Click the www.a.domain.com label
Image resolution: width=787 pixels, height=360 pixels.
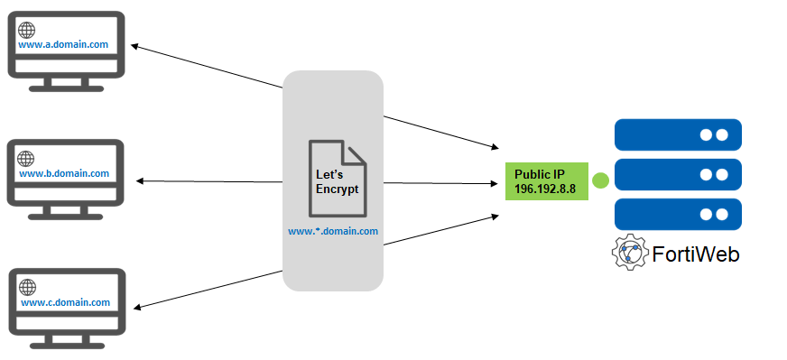[x=63, y=43]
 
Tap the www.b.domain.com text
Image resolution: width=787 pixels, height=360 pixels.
[x=63, y=172]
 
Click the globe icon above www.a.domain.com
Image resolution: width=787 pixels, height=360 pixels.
[x=27, y=29]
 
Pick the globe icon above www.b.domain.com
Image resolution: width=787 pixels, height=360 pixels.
[x=27, y=158]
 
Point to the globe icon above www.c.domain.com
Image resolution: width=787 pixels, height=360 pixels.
[x=28, y=287]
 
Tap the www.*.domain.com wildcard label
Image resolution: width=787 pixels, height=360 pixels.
[x=333, y=231]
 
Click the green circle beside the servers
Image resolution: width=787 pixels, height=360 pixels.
[x=600, y=181]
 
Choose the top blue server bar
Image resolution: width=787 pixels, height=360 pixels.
[x=677, y=134]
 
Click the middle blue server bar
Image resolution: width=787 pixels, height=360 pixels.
[x=677, y=174]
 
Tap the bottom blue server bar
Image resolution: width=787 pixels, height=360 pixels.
[x=677, y=214]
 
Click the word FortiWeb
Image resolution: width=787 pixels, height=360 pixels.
[x=696, y=254]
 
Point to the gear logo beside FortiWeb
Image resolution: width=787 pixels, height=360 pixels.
[x=630, y=254]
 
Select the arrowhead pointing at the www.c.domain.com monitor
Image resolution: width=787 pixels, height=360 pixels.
[x=134, y=306]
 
